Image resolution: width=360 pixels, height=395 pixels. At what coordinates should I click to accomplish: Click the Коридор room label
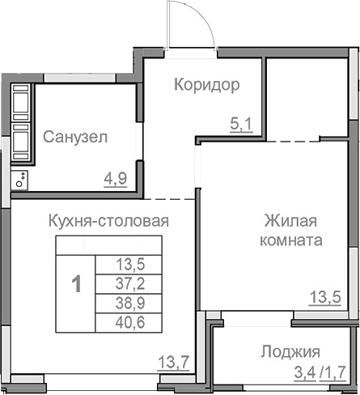[x=207, y=84]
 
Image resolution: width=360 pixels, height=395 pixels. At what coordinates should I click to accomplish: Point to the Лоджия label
[x=290, y=352]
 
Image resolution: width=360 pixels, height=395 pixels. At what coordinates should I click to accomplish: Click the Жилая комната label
[x=292, y=231]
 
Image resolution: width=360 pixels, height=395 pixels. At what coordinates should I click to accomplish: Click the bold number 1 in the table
[x=76, y=284]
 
